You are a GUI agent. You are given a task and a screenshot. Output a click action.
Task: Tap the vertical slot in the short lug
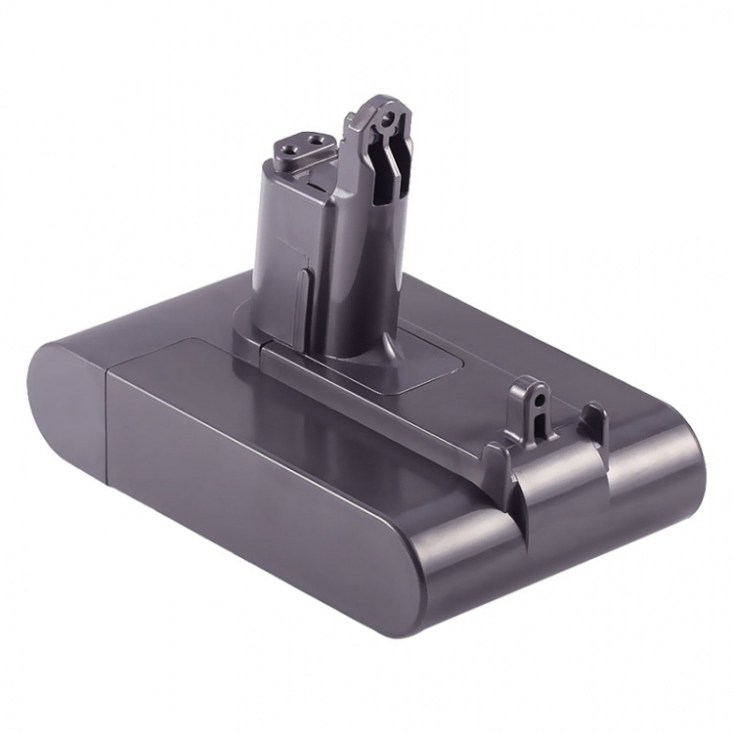point(536,420)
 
